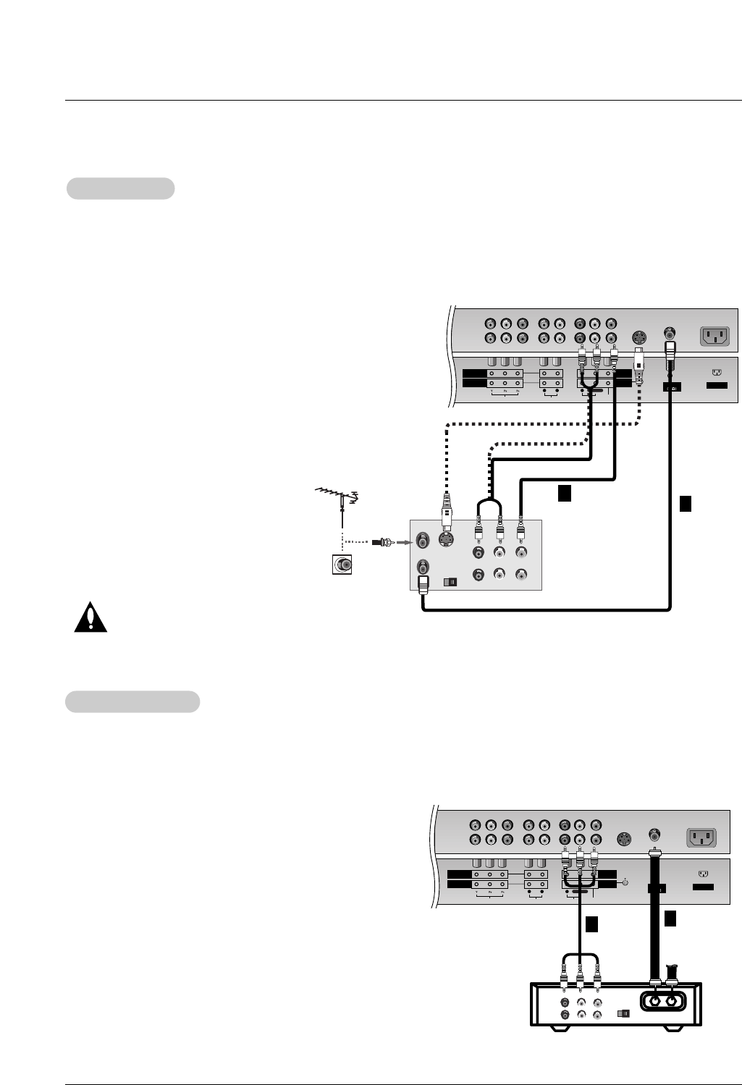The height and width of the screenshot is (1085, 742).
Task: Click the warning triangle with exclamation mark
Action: click(x=90, y=617)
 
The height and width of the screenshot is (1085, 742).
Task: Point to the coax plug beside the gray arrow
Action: click(x=381, y=541)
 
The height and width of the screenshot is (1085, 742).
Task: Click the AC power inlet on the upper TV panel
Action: click(x=715, y=336)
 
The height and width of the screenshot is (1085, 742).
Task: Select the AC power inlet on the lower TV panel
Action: click(x=701, y=837)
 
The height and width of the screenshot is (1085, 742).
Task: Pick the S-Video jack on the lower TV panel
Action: click(x=624, y=840)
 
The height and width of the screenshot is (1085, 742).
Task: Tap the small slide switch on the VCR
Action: click(x=450, y=581)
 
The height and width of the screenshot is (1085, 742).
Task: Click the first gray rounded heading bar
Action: click(x=121, y=188)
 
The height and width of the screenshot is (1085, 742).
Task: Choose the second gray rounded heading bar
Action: click(x=132, y=701)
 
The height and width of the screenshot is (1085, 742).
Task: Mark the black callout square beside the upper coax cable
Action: click(x=685, y=503)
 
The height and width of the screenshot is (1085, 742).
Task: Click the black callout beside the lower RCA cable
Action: click(x=591, y=924)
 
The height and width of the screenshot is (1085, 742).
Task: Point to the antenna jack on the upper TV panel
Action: click(x=670, y=334)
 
